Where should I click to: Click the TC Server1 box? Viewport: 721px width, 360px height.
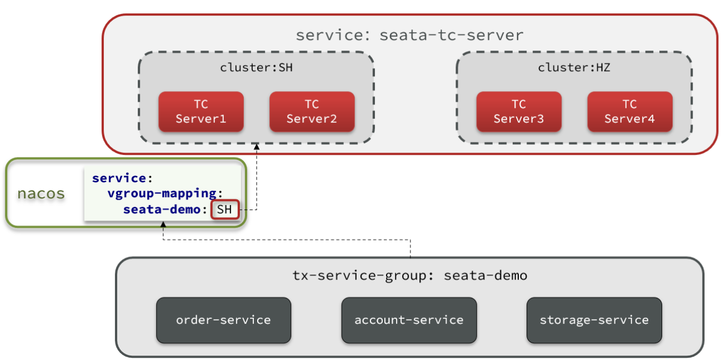(201, 112)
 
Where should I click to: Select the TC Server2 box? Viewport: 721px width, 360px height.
(312, 112)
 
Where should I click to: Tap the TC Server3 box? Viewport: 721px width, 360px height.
(519, 112)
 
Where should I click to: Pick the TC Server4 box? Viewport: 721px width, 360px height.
(630, 112)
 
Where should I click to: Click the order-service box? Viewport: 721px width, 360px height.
(223, 320)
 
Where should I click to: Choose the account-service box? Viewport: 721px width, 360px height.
(409, 320)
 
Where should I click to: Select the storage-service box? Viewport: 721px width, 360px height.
(594, 320)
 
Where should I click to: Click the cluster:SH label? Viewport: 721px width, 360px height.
(256, 68)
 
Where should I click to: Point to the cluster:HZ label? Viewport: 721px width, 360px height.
(574, 68)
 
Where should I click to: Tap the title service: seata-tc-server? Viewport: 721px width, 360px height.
(410, 35)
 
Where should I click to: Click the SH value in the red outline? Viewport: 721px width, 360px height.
(224, 209)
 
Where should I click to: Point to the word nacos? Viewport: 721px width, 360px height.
(41, 193)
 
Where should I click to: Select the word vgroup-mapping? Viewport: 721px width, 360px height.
(162, 193)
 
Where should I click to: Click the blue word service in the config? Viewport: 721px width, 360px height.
(119, 178)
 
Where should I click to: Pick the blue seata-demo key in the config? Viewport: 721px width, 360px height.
(162, 209)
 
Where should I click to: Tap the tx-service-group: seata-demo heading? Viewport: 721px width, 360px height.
(410, 276)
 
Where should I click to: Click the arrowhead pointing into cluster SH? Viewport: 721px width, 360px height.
(257, 147)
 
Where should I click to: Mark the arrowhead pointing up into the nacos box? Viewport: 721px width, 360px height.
(163, 224)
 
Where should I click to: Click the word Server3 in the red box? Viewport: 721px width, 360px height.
(519, 119)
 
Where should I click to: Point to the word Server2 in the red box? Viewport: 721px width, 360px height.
(312, 119)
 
